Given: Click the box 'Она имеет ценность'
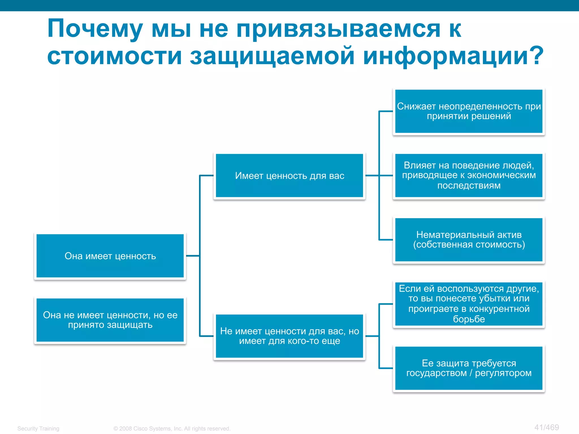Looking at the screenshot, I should click(110, 256).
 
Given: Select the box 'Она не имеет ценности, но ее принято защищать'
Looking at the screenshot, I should click(110, 320).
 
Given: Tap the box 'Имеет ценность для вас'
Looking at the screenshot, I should click(289, 176).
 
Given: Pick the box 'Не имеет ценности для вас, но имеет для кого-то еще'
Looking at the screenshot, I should click(289, 336).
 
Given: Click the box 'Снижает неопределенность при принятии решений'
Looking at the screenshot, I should click(469, 111).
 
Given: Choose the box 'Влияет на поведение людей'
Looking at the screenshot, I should click(469, 175).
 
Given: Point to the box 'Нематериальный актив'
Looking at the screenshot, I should click(469, 240).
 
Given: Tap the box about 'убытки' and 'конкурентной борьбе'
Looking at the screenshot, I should click(469, 304).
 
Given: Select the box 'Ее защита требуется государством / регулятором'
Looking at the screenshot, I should click(469, 368).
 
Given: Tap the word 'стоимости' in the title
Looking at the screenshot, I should click(114, 56).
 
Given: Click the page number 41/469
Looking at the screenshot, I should click(546, 427).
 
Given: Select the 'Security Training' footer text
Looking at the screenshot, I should click(38, 429).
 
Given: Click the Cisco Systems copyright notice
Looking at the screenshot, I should click(172, 429).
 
